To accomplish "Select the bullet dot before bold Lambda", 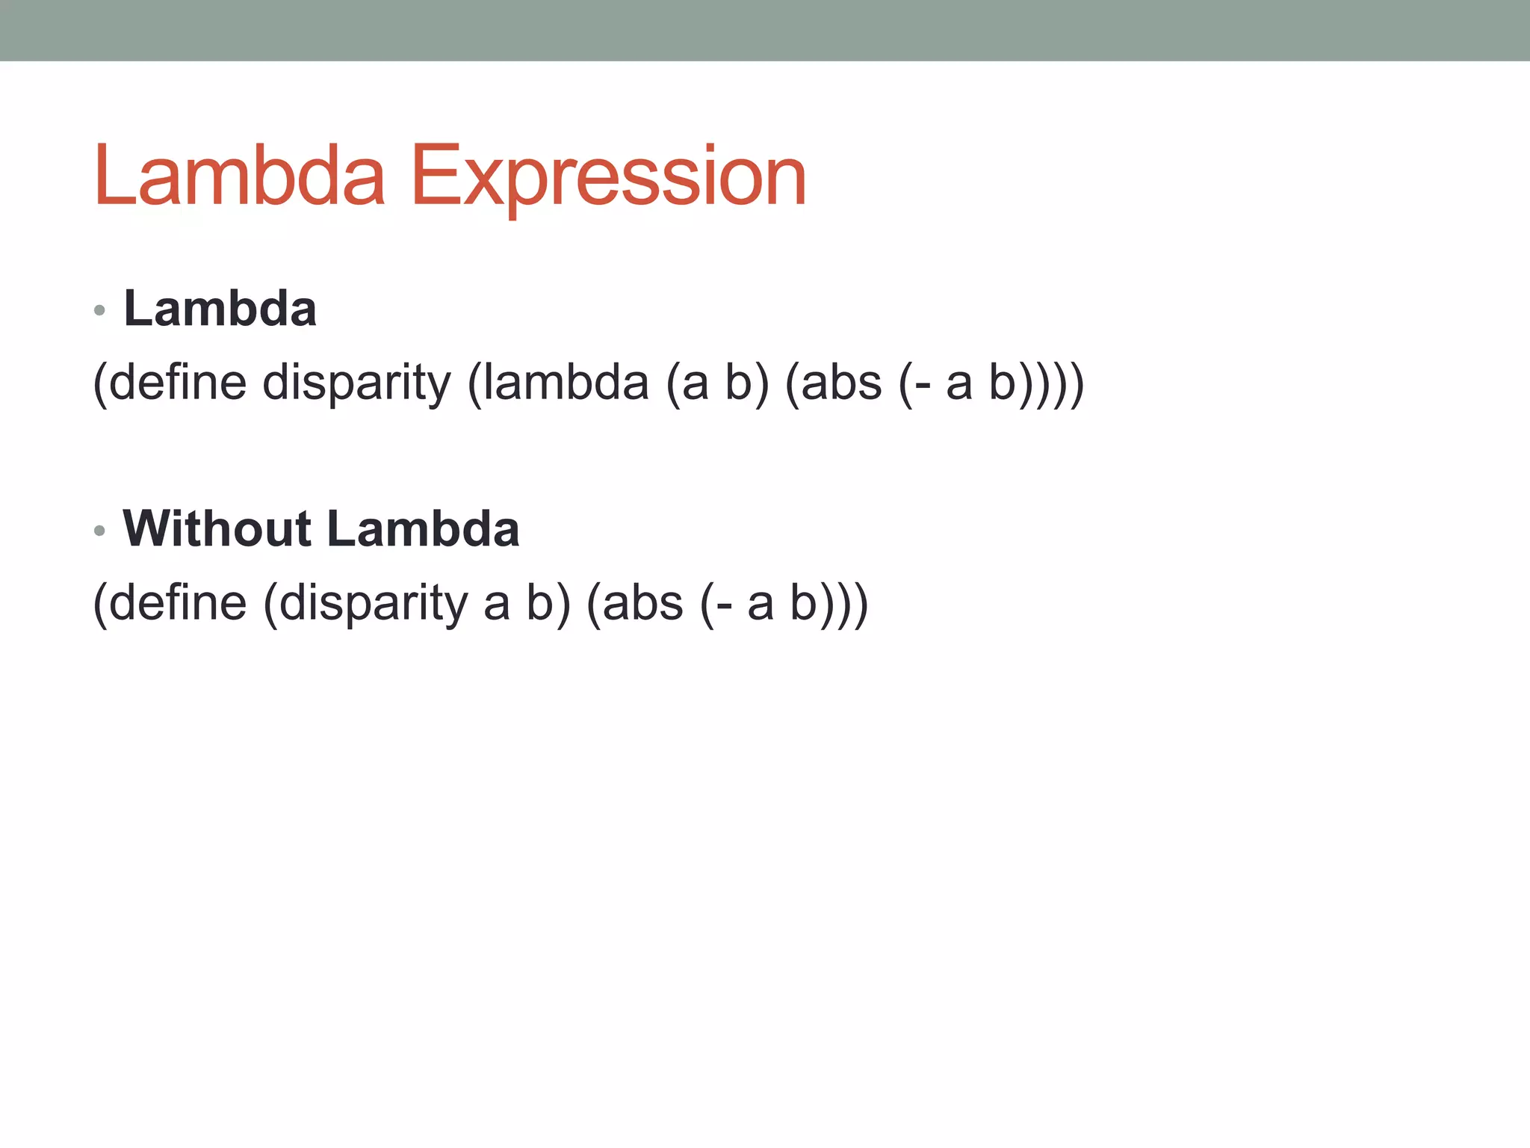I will (100, 310).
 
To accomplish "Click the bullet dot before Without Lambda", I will (100, 531).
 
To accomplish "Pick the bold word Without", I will (217, 528).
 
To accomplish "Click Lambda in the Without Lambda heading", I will (423, 528).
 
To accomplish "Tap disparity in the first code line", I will (357, 383).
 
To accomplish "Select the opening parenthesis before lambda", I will (474, 383).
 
